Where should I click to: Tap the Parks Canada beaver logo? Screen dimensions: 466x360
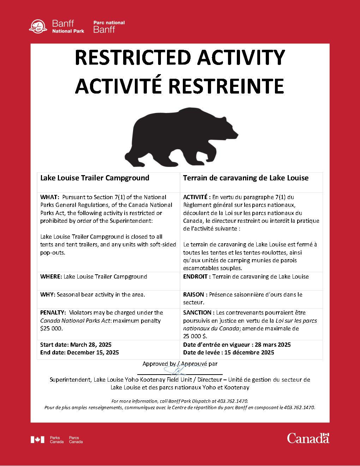tap(38, 26)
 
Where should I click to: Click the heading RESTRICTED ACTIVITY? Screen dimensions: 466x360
tap(180, 58)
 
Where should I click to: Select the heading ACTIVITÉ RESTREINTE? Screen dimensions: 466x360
tap(180, 86)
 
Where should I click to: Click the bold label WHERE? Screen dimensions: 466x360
tap(51, 276)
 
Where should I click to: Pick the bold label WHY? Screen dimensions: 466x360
tap(48, 294)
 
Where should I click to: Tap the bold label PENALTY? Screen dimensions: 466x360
tap(53, 312)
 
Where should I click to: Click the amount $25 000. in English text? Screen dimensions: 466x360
tap(52, 328)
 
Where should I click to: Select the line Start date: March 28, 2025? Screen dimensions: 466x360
tap(76, 345)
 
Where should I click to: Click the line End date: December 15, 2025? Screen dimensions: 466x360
tap(79, 352)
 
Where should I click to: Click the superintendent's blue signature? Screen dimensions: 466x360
tap(178, 370)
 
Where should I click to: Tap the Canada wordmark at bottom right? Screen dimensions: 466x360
tap(308, 438)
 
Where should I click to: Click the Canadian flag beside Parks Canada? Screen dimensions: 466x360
tap(37, 440)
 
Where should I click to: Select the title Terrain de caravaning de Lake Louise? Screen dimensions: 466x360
tap(246, 178)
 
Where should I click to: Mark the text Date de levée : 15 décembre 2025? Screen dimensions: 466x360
tap(228, 352)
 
